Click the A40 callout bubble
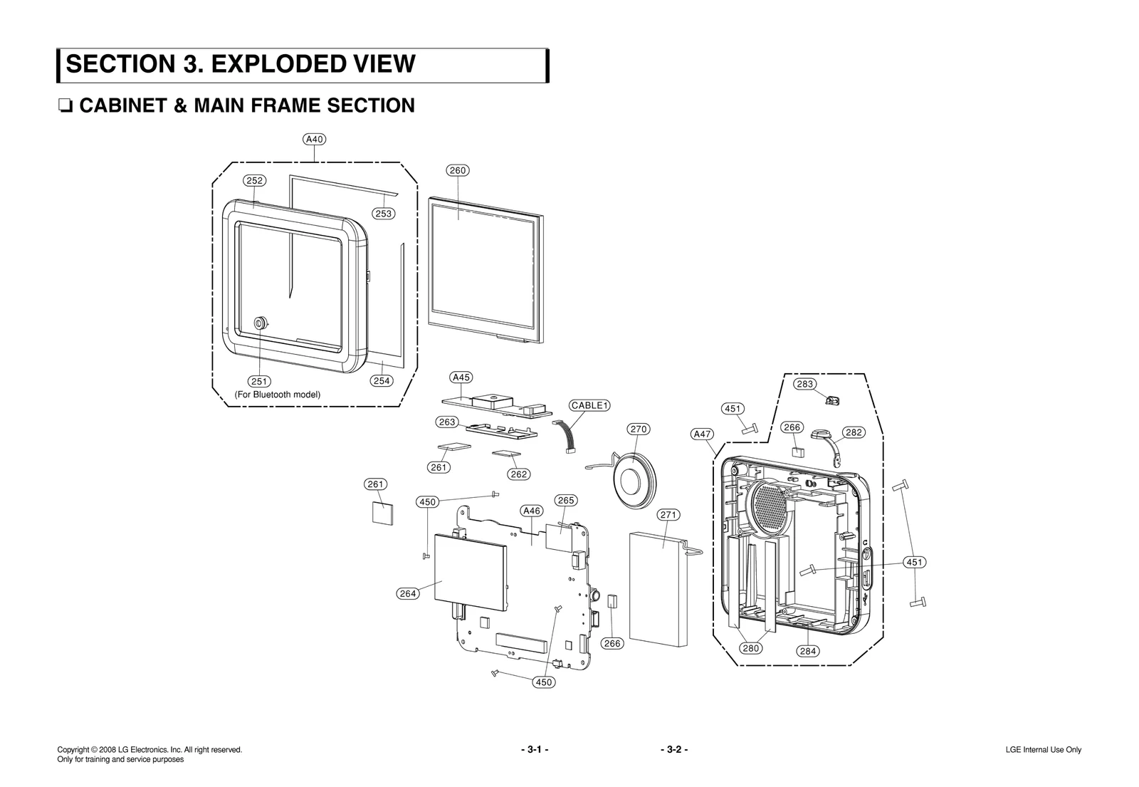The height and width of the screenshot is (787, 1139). [315, 140]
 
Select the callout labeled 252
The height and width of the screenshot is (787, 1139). [254, 181]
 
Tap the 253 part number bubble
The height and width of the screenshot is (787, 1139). [383, 214]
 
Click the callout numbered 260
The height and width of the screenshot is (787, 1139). [457, 170]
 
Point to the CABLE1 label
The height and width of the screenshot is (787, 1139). [590, 406]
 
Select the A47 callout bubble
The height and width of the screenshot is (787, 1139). [702, 434]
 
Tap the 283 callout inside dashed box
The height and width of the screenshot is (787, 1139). [805, 384]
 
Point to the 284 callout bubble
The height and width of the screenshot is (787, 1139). [807, 651]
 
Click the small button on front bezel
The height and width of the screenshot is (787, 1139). [261, 323]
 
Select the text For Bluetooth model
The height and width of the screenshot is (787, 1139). [278, 395]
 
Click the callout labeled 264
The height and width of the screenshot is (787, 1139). [407, 593]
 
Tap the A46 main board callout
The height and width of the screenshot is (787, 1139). [532, 511]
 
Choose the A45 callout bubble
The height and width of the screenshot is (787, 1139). [461, 377]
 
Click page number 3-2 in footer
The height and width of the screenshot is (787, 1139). [673, 749]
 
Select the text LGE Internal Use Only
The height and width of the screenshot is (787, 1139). [1043, 750]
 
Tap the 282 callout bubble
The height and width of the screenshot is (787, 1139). [854, 432]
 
